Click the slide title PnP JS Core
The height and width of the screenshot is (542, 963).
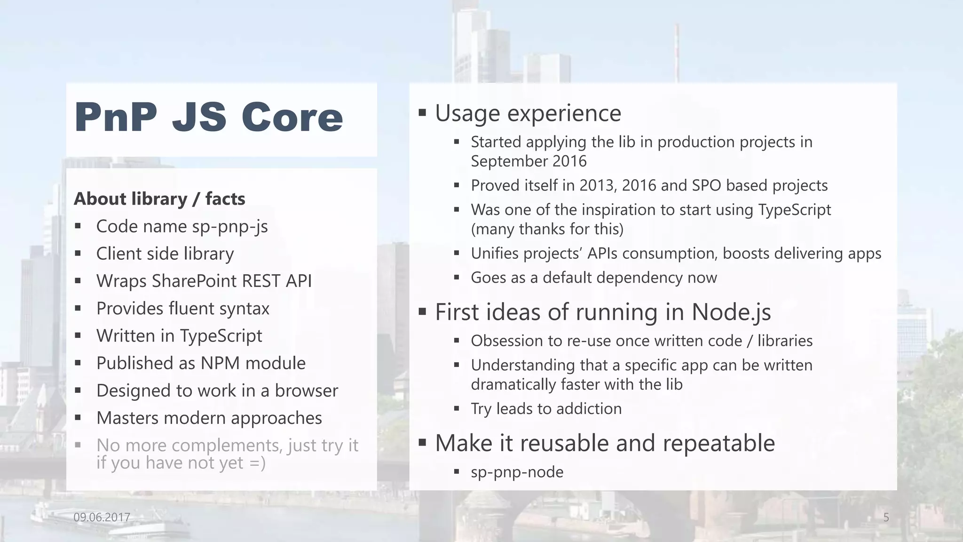(209, 118)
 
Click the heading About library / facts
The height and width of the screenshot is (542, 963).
(159, 199)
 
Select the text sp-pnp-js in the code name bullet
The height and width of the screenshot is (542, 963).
(230, 227)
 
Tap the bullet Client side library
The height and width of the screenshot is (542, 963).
(165, 254)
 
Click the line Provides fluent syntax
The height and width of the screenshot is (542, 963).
(182, 309)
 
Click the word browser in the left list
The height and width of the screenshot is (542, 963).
(306, 391)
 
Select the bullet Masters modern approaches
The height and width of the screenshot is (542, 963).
(209, 418)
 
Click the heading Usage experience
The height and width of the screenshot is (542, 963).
(528, 113)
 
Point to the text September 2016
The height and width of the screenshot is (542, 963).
(529, 161)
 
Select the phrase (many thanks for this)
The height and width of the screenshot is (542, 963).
(547, 229)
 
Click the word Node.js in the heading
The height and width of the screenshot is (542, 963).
(731, 312)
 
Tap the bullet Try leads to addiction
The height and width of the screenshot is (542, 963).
(546, 409)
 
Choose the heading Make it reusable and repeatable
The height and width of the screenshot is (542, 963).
(605, 443)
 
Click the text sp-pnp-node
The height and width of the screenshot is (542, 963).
(517, 472)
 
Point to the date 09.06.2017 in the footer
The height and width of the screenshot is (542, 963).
(102, 518)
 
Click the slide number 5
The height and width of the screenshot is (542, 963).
(886, 518)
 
